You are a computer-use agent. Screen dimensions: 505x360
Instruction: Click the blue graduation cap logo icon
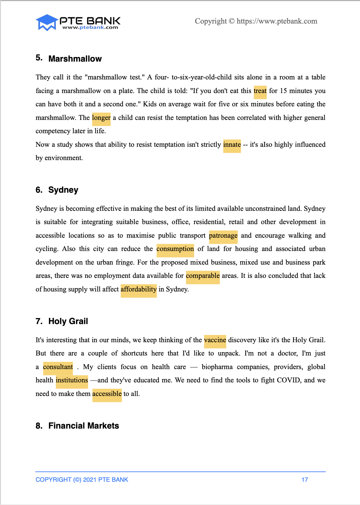click(x=47, y=22)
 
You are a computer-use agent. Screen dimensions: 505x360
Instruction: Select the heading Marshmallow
click(x=75, y=59)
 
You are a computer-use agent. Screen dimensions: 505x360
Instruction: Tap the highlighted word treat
click(x=260, y=91)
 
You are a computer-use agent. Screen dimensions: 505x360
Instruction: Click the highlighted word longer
click(x=101, y=118)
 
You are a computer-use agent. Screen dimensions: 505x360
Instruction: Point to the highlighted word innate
click(x=232, y=145)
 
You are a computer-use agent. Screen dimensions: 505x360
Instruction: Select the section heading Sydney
click(x=63, y=190)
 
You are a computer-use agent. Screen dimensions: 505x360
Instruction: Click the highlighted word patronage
click(x=223, y=236)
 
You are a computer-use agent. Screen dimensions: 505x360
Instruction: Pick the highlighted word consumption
click(x=175, y=249)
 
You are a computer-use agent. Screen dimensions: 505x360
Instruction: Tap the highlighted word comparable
click(x=203, y=276)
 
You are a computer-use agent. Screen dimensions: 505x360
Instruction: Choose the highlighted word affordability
click(x=139, y=289)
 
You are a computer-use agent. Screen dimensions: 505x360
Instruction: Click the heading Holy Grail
click(x=68, y=321)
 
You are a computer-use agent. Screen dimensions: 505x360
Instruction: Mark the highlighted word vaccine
click(x=215, y=340)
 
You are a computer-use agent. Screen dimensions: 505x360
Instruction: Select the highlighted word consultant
click(x=58, y=367)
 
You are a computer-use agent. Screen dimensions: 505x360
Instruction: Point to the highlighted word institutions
click(x=72, y=380)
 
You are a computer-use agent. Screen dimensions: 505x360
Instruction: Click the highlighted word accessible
click(x=107, y=394)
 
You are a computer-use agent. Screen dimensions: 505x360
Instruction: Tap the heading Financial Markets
click(x=84, y=426)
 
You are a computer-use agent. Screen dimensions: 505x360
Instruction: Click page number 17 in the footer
click(x=305, y=480)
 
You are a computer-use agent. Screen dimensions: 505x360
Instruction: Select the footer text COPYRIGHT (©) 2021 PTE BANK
click(x=82, y=480)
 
